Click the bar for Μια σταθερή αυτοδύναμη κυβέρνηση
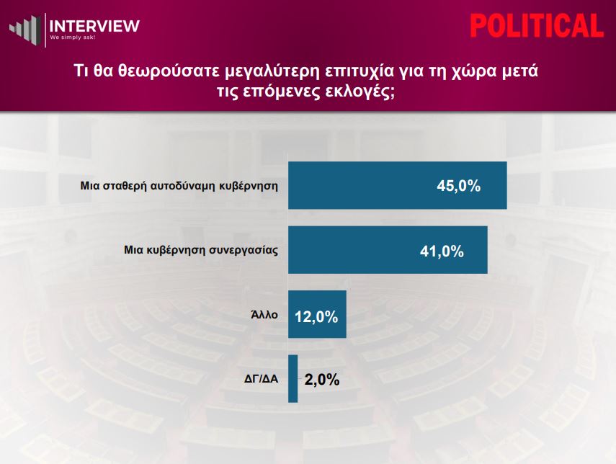398,185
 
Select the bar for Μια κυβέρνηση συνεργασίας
388,250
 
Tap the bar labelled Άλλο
318,314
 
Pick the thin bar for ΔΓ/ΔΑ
293,379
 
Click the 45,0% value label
458,186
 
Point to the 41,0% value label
442,251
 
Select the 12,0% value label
316,317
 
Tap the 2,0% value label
322,380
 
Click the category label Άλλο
264,315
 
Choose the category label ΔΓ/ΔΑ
262,379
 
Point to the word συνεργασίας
244,251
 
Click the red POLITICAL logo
537,26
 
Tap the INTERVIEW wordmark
94,26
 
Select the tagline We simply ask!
72,37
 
